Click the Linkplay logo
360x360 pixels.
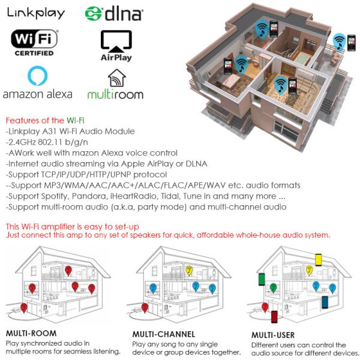(36, 13)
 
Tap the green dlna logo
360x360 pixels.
(114, 14)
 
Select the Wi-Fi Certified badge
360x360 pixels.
(34, 43)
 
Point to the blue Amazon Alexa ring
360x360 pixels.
(37, 76)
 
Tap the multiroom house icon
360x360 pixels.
(117, 78)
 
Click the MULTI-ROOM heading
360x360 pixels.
(31, 333)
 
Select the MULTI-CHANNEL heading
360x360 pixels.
(164, 334)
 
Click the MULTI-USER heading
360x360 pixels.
(273, 335)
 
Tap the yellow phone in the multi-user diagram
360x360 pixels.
(319, 260)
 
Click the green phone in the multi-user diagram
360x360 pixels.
(262, 279)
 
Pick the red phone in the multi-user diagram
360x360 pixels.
(274, 317)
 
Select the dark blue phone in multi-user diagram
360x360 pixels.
(325, 302)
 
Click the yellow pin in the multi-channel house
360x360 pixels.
(189, 271)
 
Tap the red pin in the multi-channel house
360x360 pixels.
(145, 308)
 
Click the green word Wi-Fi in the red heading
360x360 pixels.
(76, 121)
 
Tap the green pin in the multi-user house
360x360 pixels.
(273, 287)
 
